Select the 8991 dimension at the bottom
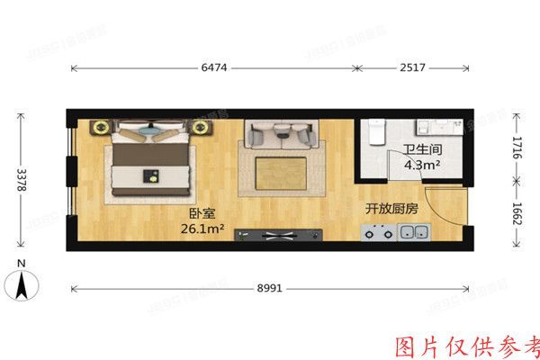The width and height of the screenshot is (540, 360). pyautogui.click(x=271, y=289)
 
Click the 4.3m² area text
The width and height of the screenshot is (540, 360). pyautogui.click(x=421, y=166)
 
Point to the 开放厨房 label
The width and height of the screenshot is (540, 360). pyautogui.click(x=392, y=208)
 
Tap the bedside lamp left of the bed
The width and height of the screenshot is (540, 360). pyautogui.click(x=100, y=127)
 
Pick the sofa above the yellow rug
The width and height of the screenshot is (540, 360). pyautogui.click(x=280, y=135)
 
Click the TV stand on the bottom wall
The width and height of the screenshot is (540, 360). pyautogui.click(x=278, y=236)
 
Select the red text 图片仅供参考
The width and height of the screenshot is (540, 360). pyautogui.click(x=469, y=345)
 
